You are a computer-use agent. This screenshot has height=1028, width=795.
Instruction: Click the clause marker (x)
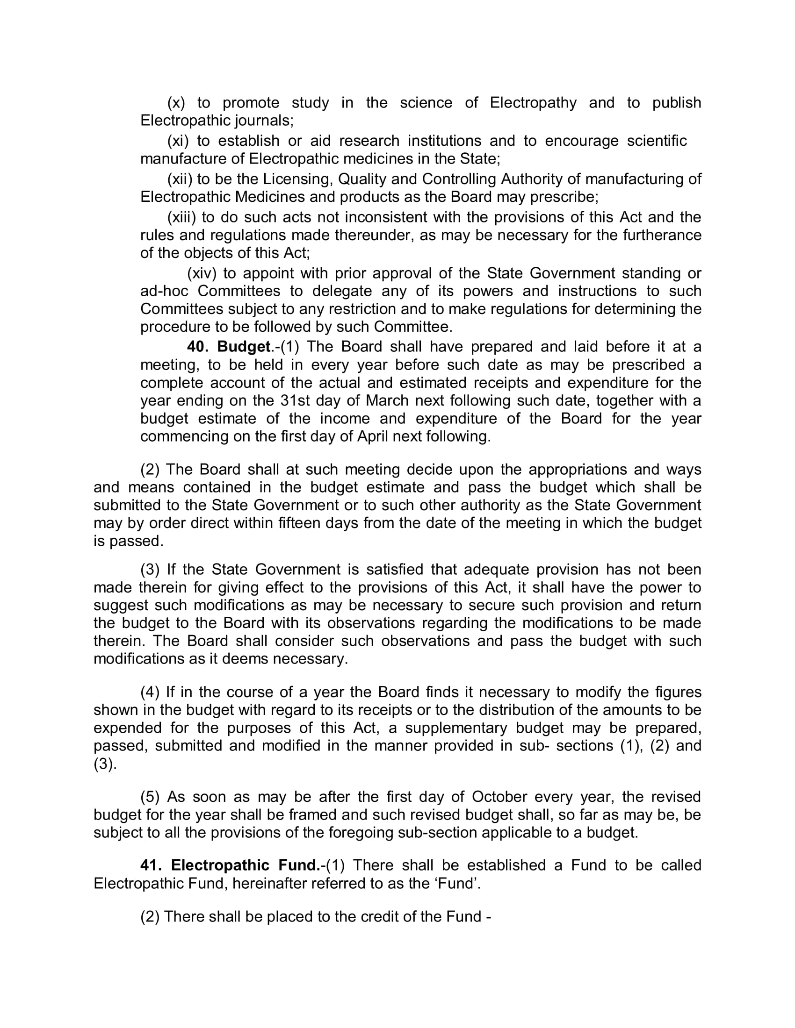176,103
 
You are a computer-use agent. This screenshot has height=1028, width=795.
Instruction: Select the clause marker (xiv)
202,273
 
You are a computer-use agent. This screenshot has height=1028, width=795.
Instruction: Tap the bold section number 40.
198,347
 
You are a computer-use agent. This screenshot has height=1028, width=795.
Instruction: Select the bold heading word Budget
244,347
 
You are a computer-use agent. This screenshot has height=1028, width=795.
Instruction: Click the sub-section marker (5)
150,797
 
